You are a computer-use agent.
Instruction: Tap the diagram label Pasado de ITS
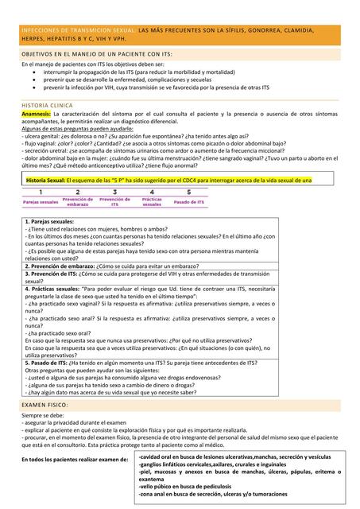[188, 202]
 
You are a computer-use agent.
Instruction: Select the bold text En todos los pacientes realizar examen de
[75, 460]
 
